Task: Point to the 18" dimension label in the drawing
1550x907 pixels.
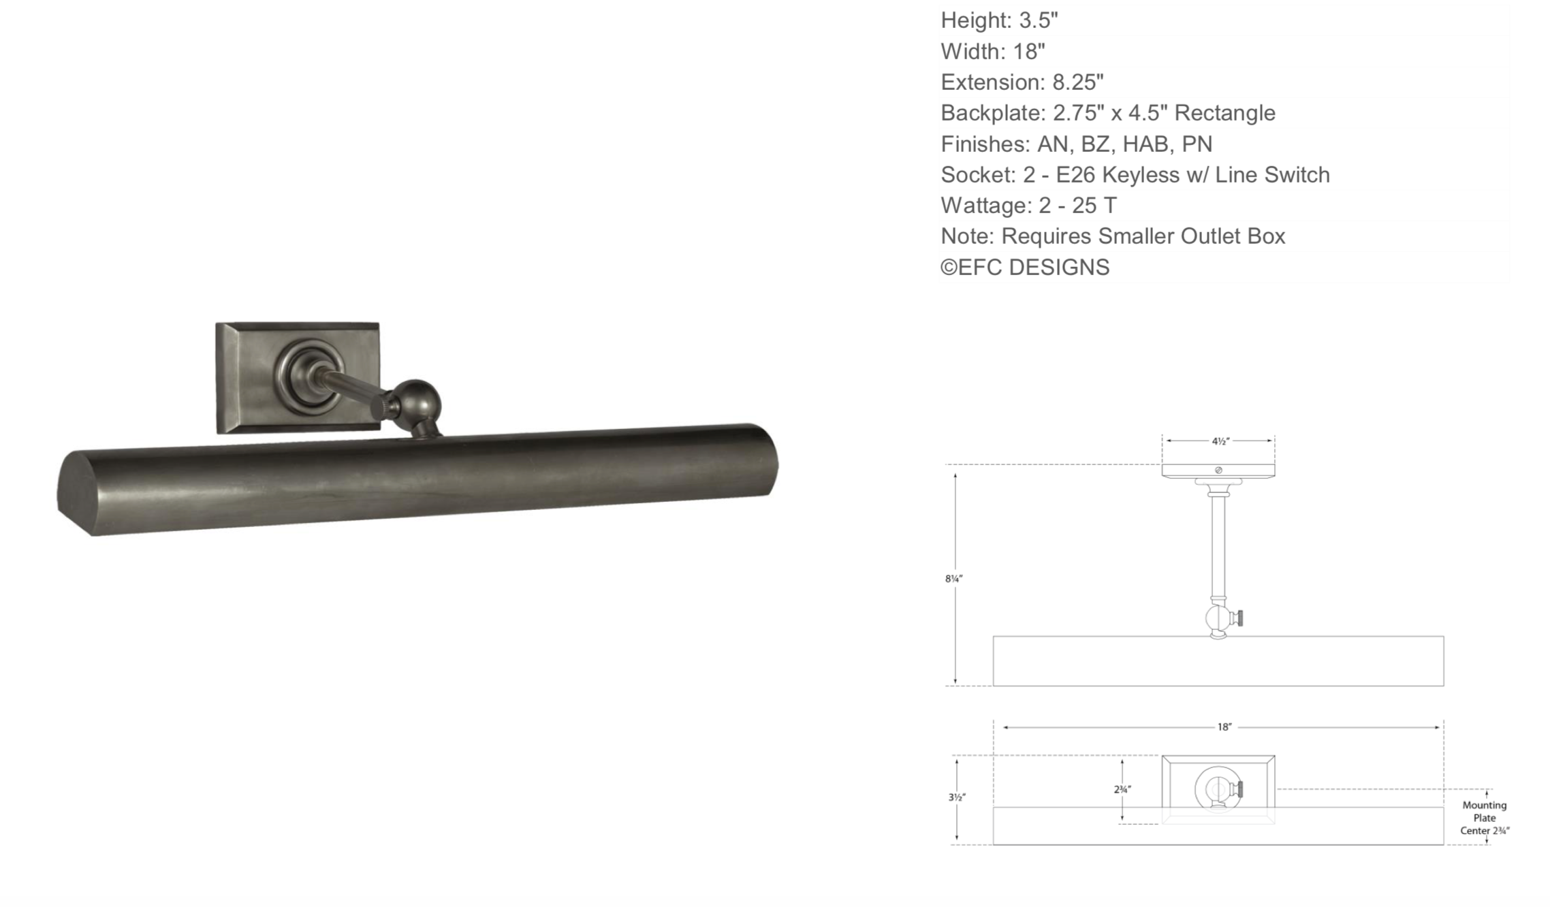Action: click(1224, 727)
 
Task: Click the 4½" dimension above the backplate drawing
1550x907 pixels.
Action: click(1220, 441)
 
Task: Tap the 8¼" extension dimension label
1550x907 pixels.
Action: click(953, 579)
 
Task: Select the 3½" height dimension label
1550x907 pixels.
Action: click(957, 797)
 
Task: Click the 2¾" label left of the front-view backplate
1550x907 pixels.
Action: click(1122, 790)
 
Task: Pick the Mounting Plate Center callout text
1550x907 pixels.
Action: click(1485, 818)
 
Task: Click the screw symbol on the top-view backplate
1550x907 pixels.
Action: click(1218, 471)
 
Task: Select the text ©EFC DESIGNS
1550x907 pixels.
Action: click(1025, 268)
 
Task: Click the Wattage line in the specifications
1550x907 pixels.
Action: click(1028, 206)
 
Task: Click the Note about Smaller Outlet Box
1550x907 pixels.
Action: click(1113, 236)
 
